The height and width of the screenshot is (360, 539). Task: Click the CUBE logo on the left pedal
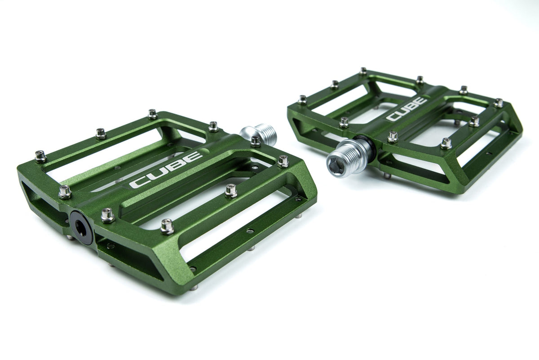[x=166, y=170]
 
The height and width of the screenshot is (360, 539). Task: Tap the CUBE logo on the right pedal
[x=407, y=109]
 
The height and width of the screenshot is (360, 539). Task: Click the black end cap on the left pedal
[x=81, y=227]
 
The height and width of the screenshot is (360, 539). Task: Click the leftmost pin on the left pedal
[x=40, y=156]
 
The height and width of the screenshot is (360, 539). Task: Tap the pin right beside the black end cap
[x=107, y=215]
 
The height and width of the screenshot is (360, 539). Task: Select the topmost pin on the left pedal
[x=152, y=114]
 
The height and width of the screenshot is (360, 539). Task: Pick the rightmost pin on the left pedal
[x=283, y=161]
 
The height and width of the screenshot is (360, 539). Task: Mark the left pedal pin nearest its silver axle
[x=256, y=141]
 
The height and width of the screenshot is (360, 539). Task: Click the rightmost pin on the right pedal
[x=498, y=103]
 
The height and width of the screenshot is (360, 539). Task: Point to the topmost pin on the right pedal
[x=363, y=71]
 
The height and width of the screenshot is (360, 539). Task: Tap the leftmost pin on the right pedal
[x=302, y=99]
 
